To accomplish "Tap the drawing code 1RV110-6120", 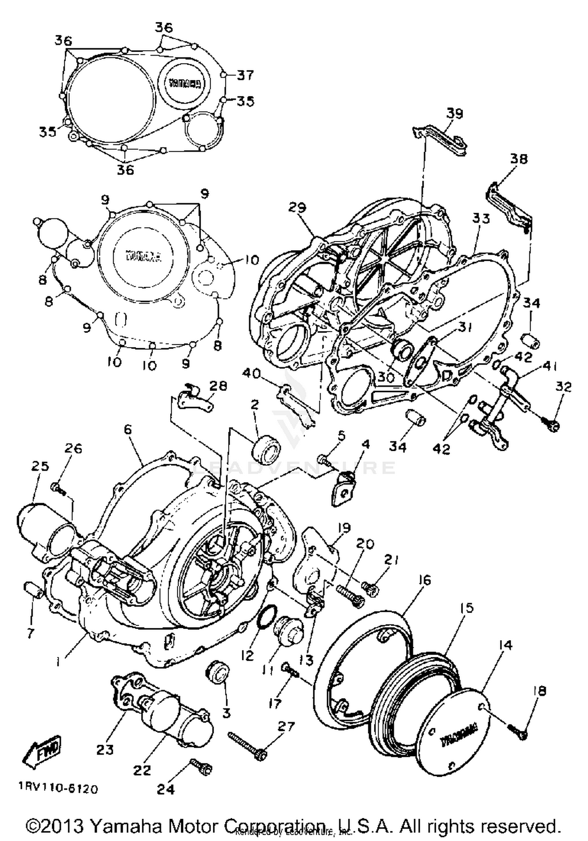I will coord(58,788).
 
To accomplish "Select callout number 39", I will coord(455,113).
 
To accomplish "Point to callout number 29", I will coord(297,208).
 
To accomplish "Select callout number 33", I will coord(481,218).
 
